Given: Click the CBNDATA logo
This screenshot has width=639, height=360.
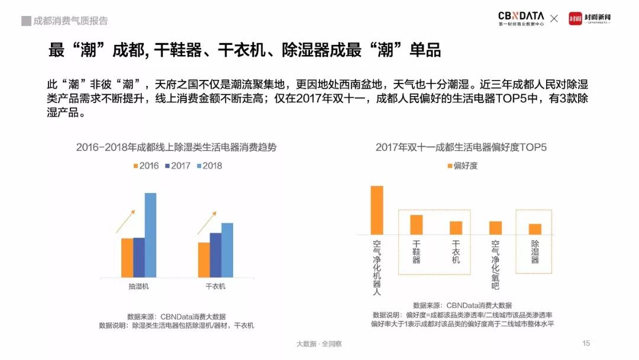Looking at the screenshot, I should [x=521, y=18].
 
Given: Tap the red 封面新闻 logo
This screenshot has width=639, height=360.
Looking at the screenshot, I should [x=589, y=18].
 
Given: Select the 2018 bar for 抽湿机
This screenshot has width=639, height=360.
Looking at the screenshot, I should [x=150, y=235].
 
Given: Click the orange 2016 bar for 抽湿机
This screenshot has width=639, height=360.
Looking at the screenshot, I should [x=127, y=258].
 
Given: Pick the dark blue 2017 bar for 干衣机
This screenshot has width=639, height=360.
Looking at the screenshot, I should [x=215, y=255].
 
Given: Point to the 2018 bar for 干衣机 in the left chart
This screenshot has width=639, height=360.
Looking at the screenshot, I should [x=227, y=250].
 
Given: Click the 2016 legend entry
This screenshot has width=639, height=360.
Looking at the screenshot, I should [x=146, y=166].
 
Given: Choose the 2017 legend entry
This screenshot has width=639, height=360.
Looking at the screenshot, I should [x=177, y=166].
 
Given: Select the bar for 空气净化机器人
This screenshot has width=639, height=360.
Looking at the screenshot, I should [x=377, y=210].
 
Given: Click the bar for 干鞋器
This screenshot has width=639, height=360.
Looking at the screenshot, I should [x=417, y=224].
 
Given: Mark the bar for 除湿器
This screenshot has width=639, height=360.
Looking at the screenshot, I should [x=535, y=229].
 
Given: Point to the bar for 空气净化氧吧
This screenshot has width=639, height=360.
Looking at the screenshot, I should [x=495, y=228].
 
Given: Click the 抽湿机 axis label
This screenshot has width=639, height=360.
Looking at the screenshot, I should [x=139, y=287].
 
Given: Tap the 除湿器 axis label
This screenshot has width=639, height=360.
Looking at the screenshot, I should [x=535, y=252].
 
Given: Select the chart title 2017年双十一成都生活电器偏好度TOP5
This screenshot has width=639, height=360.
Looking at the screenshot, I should [x=461, y=147].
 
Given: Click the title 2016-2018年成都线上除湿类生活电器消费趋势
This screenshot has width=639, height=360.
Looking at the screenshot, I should [x=176, y=147].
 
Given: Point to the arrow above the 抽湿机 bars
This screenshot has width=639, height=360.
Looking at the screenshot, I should [x=125, y=221].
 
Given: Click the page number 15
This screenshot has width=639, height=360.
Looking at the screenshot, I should [x=586, y=343].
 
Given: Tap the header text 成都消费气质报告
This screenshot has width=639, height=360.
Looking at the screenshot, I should [x=70, y=21].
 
